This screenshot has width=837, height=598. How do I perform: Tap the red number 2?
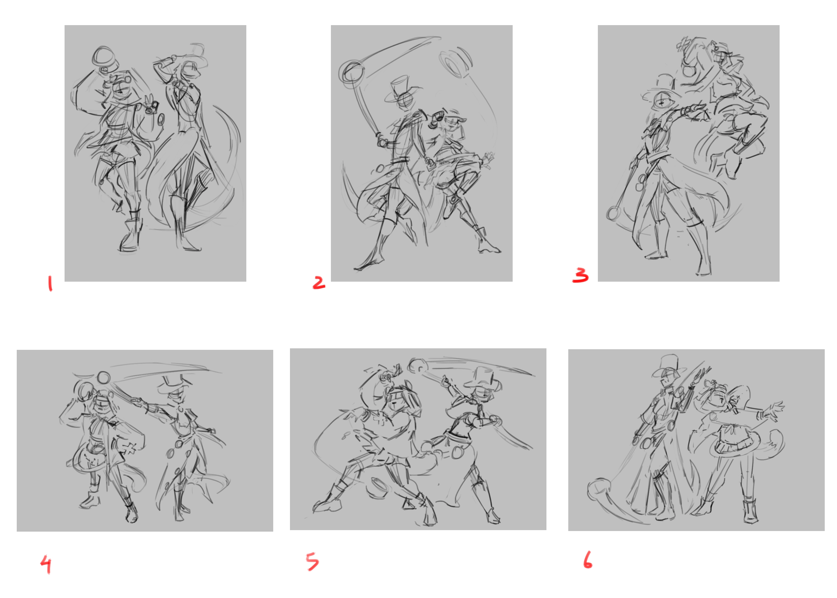click(319, 283)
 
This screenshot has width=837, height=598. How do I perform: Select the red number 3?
click(581, 275)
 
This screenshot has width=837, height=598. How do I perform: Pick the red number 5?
click(312, 562)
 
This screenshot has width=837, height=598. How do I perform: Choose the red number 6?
click(587, 560)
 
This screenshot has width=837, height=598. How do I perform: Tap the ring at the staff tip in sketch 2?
click(352, 72)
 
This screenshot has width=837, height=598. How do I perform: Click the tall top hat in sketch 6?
click(670, 366)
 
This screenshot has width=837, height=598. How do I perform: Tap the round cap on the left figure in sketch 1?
click(104, 57)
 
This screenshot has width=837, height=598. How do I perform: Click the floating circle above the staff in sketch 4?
click(104, 377)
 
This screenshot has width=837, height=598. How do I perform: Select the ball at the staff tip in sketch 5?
click(417, 365)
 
